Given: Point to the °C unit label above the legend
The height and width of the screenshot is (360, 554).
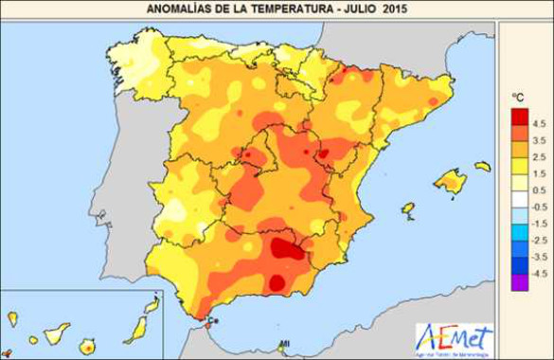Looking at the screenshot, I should click(518, 98).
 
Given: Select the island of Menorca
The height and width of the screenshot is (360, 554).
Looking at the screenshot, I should click(483, 167).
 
